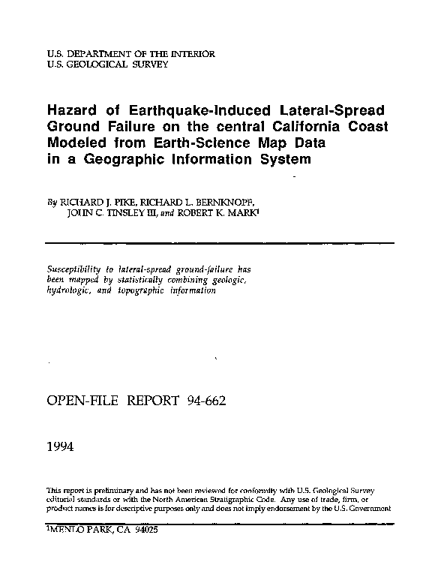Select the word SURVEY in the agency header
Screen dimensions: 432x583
coord(147,65)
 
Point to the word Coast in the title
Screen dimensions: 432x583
coord(367,128)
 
